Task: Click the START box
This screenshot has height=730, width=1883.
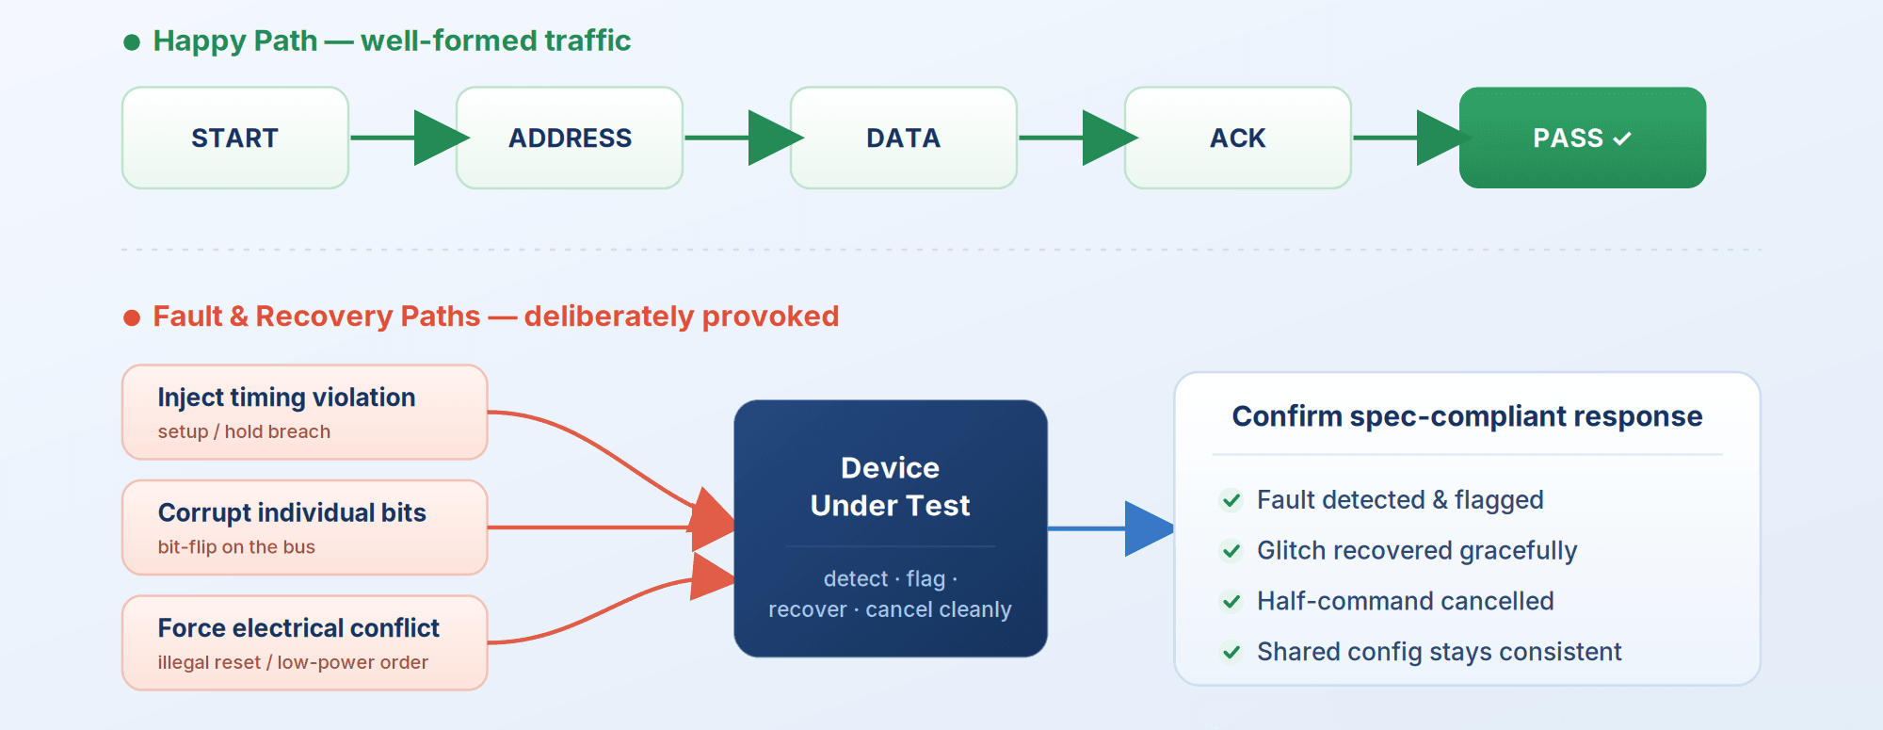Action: coord(235,138)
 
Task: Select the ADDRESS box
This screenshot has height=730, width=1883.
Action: coord(570,138)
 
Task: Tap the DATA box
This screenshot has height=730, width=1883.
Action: coord(904,138)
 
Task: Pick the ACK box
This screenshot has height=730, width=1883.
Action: coord(1238,138)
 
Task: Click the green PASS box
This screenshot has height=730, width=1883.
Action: coord(1583,138)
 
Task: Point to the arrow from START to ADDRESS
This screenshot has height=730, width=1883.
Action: coord(410,138)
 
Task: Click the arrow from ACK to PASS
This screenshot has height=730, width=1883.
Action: coord(1412,138)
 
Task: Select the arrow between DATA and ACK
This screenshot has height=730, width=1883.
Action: coord(1078,138)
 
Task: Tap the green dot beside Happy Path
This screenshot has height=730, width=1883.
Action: coord(132,42)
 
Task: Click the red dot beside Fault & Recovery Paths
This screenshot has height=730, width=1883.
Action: coord(132,318)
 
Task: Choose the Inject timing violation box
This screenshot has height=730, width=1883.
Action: coord(305,412)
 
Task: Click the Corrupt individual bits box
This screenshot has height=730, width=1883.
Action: coord(305,527)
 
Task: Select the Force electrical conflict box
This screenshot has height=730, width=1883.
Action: coord(305,642)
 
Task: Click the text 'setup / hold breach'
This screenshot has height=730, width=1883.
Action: coord(244,431)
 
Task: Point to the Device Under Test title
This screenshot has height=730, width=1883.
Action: coord(890,486)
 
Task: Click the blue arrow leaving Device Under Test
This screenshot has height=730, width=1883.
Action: coord(1111,528)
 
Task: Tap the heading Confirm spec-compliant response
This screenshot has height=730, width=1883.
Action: coord(1467,416)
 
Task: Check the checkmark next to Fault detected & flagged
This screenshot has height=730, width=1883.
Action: coord(1231,500)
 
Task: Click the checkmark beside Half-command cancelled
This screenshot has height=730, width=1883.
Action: coord(1231,601)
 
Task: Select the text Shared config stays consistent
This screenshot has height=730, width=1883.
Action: coord(1440,652)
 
